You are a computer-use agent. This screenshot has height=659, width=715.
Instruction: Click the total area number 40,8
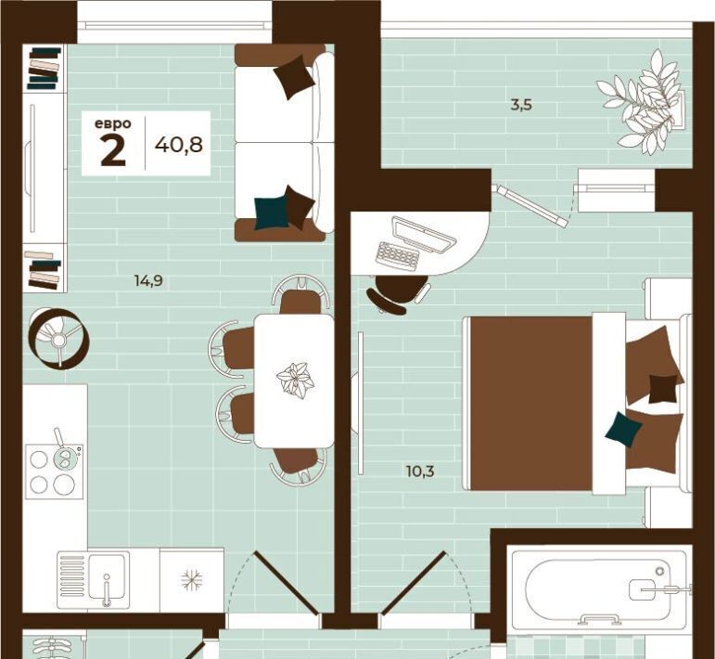tap(179, 145)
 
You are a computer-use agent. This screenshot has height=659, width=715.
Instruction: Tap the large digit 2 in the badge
tap(113, 151)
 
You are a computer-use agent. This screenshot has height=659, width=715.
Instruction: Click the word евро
tap(112, 123)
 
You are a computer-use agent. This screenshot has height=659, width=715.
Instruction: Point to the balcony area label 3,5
tap(522, 106)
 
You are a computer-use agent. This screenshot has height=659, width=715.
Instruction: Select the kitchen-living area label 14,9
tap(148, 280)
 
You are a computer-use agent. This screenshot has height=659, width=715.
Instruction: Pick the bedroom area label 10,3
tap(420, 471)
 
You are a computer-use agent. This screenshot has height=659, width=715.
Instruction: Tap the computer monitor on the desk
tap(424, 236)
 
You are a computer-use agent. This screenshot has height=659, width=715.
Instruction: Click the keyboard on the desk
tap(397, 256)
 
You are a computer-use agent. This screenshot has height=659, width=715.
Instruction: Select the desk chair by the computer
tap(397, 293)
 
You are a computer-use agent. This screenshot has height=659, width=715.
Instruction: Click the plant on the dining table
tap(295, 378)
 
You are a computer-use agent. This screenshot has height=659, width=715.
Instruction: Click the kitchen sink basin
tap(107, 576)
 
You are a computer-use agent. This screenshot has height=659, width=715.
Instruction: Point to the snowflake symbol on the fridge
tap(192, 580)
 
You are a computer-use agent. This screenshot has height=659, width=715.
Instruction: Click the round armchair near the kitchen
tap(58, 338)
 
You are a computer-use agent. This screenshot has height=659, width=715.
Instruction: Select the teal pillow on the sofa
tap(271, 213)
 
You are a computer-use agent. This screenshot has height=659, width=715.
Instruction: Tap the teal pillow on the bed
tap(623, 428)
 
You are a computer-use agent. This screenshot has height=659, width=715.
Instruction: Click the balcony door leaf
tap(532, 205)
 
